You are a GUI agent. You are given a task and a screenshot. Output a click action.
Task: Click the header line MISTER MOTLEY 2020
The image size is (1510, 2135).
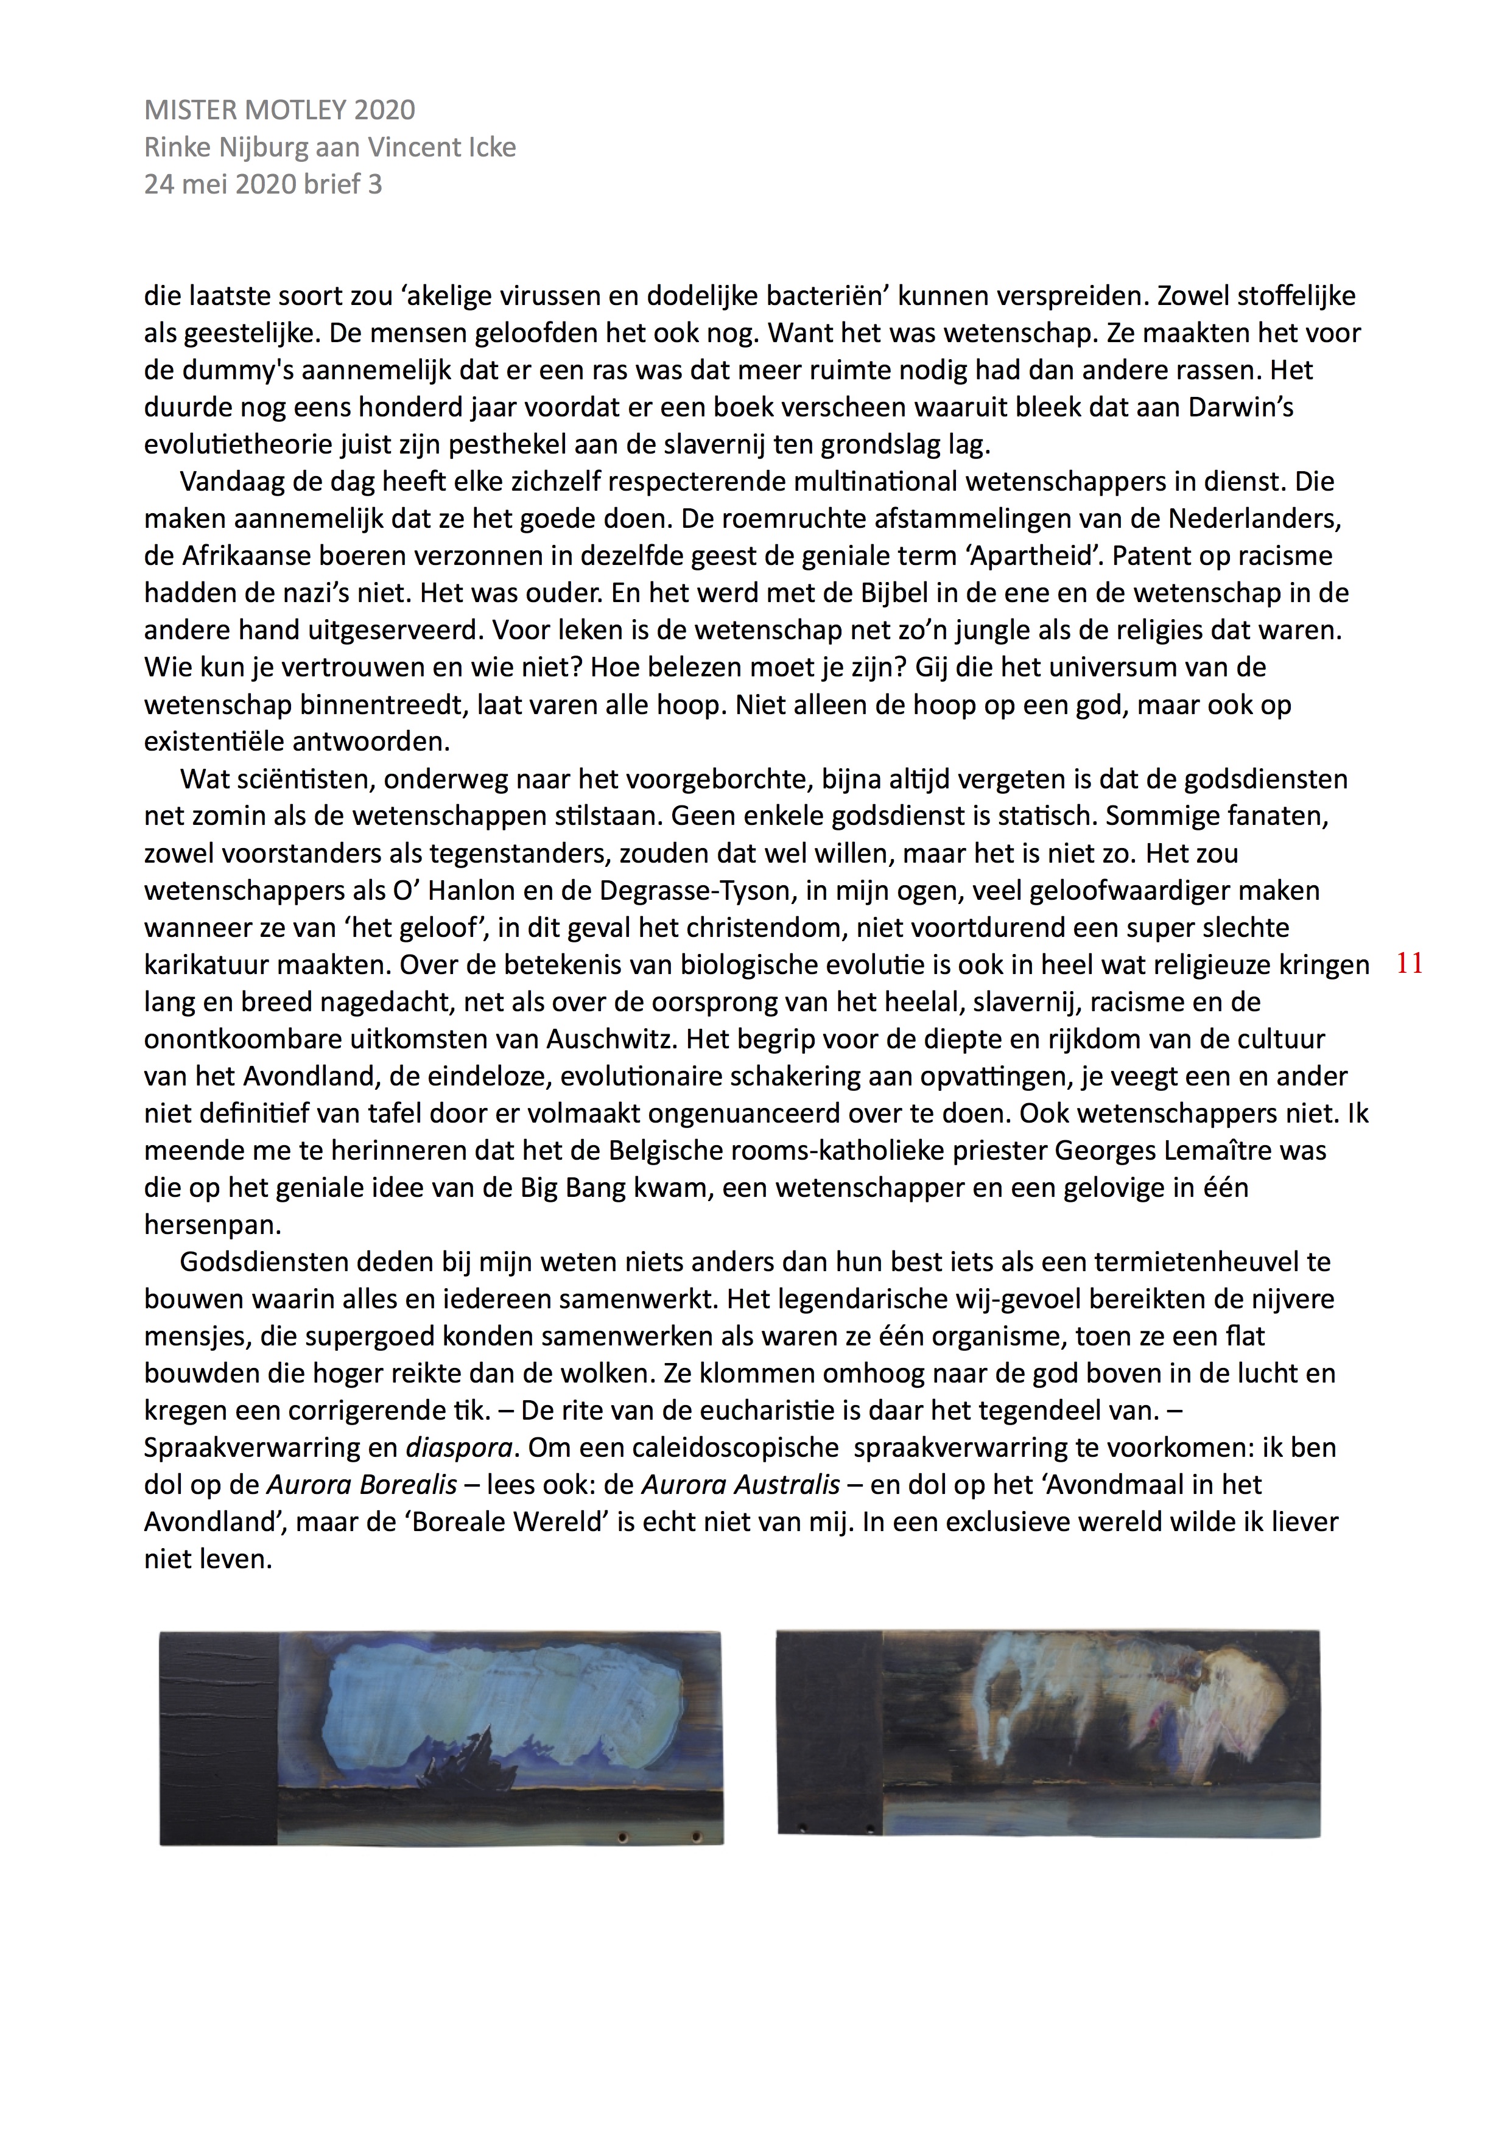point(279,110)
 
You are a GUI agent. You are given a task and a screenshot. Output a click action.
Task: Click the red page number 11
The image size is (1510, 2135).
point(1410,964)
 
